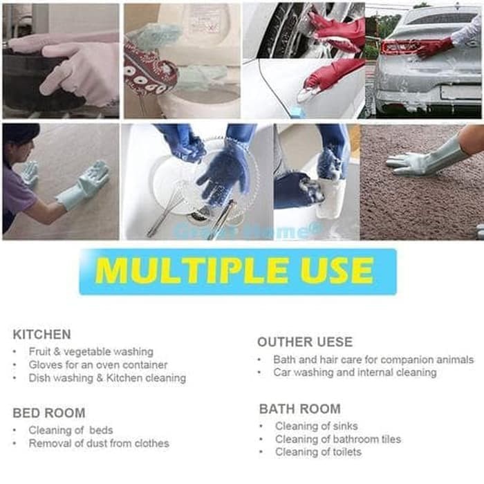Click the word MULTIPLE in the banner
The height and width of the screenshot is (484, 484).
[x=182, y=271]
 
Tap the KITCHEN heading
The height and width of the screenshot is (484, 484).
[x=41, y=335]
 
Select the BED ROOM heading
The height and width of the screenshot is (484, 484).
[x=49, y=413]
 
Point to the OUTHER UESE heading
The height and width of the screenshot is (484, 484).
[x=305, y=342]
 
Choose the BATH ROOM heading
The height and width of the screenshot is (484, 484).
[x=300, y=409]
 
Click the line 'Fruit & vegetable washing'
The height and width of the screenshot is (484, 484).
[x=91, y=352]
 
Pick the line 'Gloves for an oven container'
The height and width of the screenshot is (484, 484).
[x=97, y=364]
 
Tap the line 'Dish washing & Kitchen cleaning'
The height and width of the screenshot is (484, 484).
[x=106, y=378]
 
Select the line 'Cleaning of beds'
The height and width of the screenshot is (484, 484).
[x=71, y=430]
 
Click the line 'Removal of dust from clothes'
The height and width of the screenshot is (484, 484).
[x=98, y=443]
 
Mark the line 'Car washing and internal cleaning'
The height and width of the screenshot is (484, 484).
[x=355, y=373]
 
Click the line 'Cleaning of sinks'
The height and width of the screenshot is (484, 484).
[x=316, y=426]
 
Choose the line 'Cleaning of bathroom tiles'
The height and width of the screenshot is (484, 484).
[x=337, y=439]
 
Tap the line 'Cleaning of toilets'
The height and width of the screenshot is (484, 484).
[x=318, y=452]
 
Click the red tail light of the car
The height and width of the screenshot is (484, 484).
[x=398, y=46]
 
